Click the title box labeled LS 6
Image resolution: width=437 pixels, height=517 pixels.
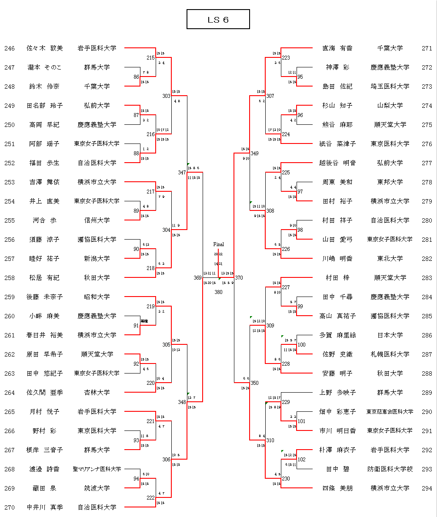coord(218,20)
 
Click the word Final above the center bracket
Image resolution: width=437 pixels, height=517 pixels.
coord(218,244)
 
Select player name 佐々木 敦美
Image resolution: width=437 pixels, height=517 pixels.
coord(44,48)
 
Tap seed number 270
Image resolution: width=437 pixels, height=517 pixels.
coord(10,507)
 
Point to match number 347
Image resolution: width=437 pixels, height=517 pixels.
coord(182,173)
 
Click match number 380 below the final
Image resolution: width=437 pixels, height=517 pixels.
coord(218,292)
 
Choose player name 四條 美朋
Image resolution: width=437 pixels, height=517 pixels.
coord(337,488)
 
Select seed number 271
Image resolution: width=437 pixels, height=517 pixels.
coord(427,48)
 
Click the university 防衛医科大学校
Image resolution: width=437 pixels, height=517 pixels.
coord(390,469)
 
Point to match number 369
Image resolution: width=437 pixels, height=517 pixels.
coord(198,277)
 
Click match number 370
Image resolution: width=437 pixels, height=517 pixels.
coord(239,277)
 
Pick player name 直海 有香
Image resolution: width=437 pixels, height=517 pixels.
coord(337,48)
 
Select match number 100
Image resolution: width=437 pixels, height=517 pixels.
coord(301,345)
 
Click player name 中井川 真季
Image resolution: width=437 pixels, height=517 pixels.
coord(44,507)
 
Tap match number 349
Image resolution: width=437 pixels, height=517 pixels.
coord(254,153)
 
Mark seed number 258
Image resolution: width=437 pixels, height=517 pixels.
coord(10,278)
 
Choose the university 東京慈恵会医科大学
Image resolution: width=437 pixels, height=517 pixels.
coord(390,412)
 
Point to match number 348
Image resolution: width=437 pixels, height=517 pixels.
coord(182,402)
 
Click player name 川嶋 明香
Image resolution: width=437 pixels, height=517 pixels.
coord(337,259)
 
